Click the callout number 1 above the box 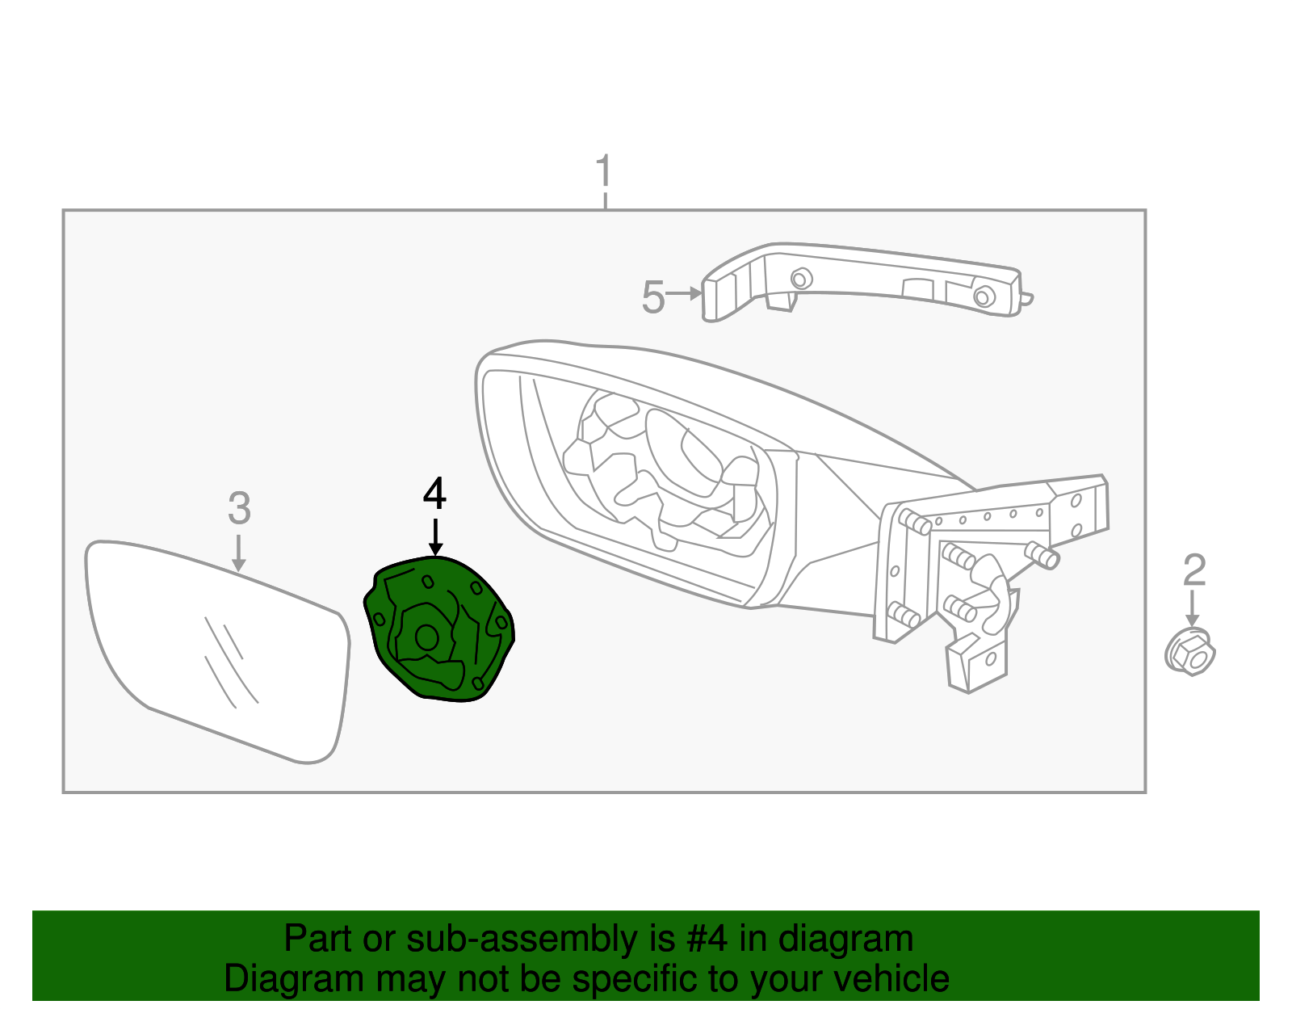(603, 171)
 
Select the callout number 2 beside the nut (1193, 570)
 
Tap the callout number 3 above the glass (239, 508)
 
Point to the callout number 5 (652, 297)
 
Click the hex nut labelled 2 (1189, 652)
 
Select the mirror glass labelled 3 (218, 646)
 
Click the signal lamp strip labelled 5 (864, 279)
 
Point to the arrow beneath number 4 (435, 538)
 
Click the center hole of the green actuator (426, 637)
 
